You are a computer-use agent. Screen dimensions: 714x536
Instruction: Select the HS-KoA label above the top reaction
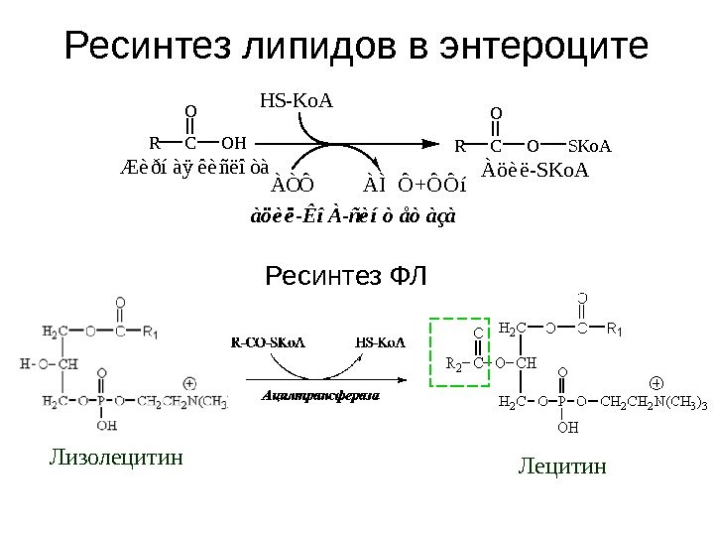(x=297, y=100)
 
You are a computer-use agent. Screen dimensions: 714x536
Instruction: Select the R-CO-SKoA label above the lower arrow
(x=268, y=343)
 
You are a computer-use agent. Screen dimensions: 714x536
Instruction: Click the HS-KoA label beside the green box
(x=380, y=343)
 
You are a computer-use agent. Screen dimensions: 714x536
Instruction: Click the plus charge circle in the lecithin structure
(x=654, y=382)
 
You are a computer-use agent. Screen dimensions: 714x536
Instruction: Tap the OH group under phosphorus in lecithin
(x=567, y=429)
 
